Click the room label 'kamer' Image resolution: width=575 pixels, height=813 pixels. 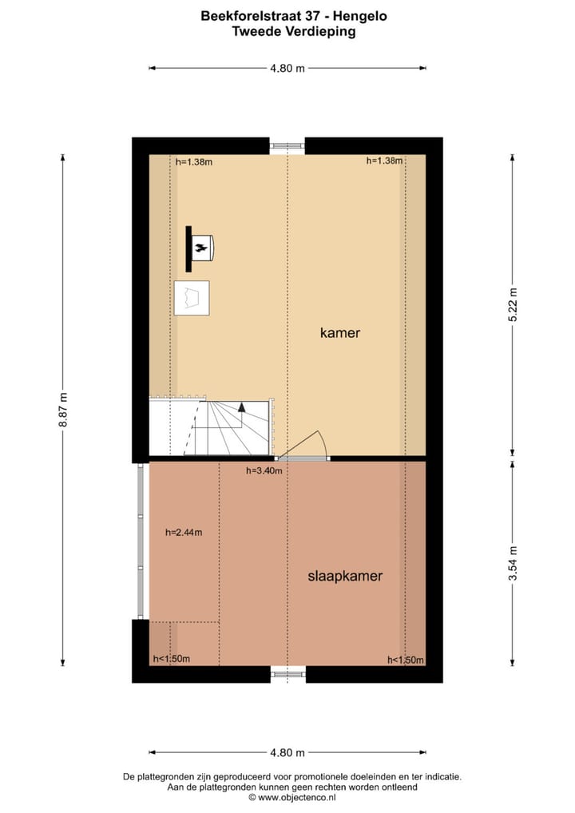click(340, 333)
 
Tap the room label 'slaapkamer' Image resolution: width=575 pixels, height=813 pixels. click(345, 576)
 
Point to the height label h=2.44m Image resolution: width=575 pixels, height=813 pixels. click(184, 533)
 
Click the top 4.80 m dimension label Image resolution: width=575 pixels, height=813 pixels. click(287, 68)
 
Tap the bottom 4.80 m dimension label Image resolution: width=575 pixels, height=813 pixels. click(287, 752)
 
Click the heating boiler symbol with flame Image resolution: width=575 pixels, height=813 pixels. click(202, 248)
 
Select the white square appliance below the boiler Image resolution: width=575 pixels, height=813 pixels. click(192, 298)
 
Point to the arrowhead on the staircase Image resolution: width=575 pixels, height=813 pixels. click(241, 406)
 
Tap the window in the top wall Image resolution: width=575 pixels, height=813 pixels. click(287, 146)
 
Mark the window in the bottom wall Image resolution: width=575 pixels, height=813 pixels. click(287, 675)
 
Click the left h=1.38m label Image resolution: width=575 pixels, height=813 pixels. click(194, 162)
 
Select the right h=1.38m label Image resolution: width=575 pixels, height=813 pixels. click(384, 161)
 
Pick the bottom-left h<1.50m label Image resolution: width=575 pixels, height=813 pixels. click(172, 659)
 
